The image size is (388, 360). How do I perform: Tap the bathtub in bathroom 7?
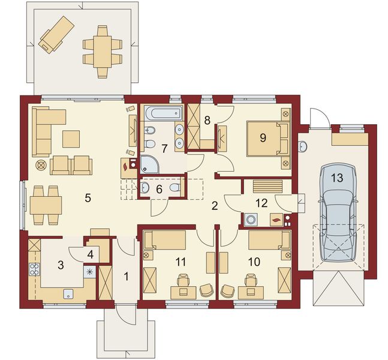tap(163, 113)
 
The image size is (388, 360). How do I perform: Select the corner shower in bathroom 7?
tap(149, 164)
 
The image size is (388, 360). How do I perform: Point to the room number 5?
tap(88, 198)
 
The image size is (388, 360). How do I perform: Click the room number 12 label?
tap(262, 203)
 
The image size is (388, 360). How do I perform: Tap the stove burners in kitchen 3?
tap(34, 269)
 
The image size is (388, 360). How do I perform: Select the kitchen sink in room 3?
tap(68, 294)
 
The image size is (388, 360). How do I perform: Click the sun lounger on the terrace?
tap(56, 34)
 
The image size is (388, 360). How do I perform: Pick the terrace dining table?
tap(103, 52)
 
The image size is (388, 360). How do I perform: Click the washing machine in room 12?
tap(251, 220)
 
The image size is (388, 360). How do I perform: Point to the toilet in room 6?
tap(175, 187)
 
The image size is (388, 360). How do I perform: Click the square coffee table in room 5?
tap(71, 139)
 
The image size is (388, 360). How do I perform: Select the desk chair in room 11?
tap(183, 281)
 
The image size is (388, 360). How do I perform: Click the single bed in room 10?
tap(269, 240)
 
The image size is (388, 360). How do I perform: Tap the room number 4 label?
tap(91, 254)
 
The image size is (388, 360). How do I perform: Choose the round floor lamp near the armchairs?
tap(41, 165)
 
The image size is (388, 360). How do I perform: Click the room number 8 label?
tap(207, 121)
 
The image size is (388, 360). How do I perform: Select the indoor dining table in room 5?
tap(46, 205)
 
